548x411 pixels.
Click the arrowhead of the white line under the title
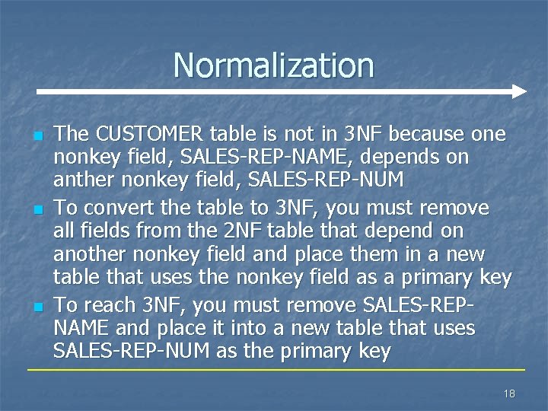click(519, 92)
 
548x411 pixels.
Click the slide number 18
click(509, 393)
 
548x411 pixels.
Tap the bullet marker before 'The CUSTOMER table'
click(37, 136)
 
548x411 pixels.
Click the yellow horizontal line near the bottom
click(274, 370)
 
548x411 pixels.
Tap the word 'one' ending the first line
click(487, 134)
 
